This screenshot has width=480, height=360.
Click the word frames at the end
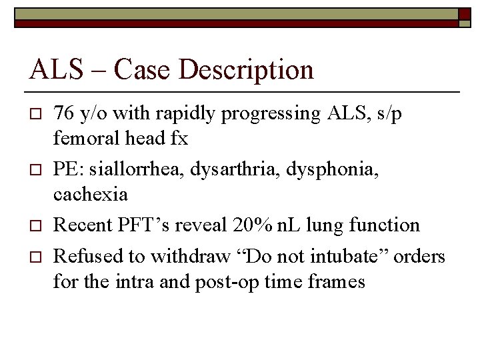[x=337, y=282]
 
